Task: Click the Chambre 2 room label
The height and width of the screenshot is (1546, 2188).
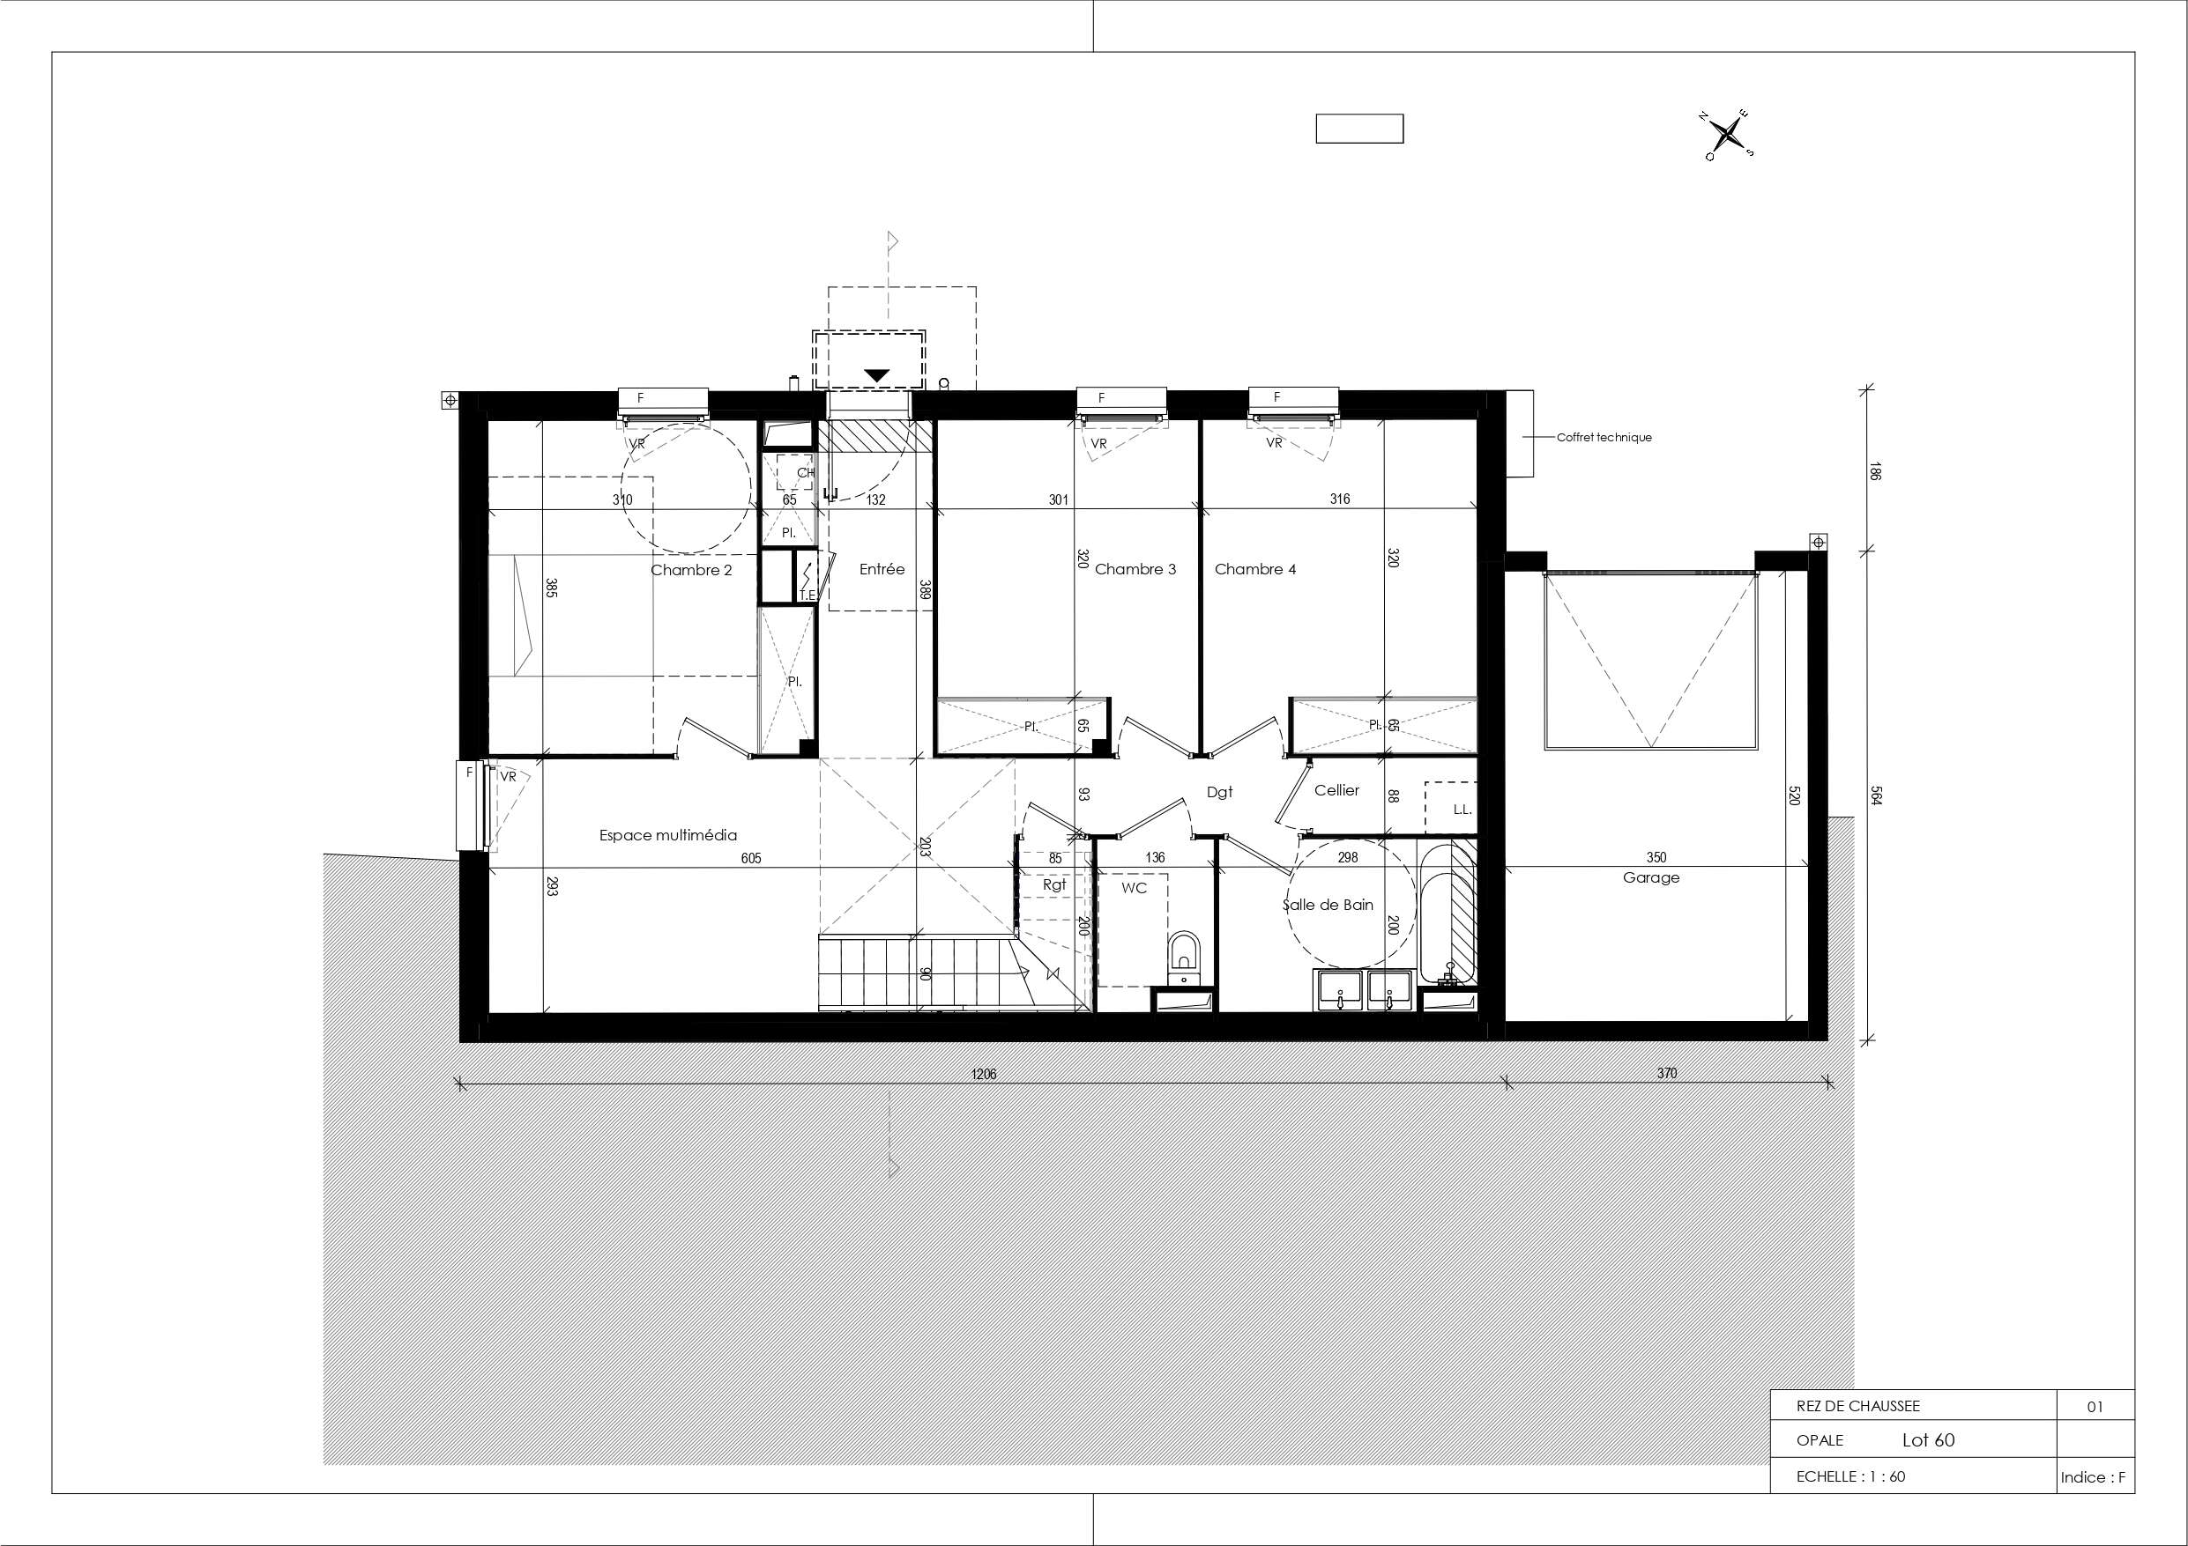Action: pyautogui.click(x=691, y=570)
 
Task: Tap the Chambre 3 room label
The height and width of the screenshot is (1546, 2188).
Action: pyautogui.click(x=1135, y=569)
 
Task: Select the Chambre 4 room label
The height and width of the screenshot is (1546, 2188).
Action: pyautogui.click(x=1255, y=569)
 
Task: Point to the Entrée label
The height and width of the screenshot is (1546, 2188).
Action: pyautogui.click(x=882, y=569)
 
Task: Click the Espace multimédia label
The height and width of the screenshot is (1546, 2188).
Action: pyautogui.click(x=668, y=835)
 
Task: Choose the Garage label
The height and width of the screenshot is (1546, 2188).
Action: pyautogui.click(x=1651, y=877)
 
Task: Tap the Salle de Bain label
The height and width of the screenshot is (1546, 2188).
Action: pyautogui.click(x=1328, y=904)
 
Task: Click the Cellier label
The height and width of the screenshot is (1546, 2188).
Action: pyautogui.click(x=1336, y=789)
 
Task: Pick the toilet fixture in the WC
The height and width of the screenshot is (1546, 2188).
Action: pyautogui.click(x=1184, y=957)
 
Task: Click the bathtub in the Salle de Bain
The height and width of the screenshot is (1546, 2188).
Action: pyautogui.click(x=1448, y=913)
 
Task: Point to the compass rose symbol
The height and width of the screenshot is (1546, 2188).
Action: pyautogui.click(x=1728, y=134)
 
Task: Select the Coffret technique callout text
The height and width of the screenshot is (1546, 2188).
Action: pyautogui.click(x=1604, y=437)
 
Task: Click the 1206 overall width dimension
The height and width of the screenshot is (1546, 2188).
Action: pyautogui.click(x=984, y=1074)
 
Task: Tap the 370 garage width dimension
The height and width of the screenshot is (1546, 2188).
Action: pyautogui.click(x=1666, y=1073)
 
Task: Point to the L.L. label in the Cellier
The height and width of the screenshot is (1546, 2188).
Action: pyautogui.click(x=1462, y=810)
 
